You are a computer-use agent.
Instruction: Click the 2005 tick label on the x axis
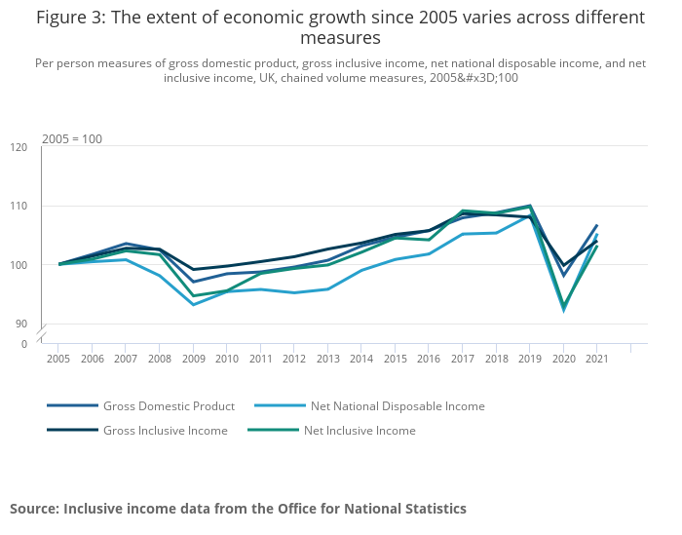(x=58, y=359)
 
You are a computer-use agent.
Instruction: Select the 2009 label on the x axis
(x=193, y=359)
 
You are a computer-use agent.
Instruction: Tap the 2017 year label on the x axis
(x=462, y=359)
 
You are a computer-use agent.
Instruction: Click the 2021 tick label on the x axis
(x=596, y=359)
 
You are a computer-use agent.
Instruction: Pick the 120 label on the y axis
(x=19, y=147)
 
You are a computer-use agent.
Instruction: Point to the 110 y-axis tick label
(x=19, y=207)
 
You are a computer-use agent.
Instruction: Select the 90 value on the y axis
(x=21, y=324)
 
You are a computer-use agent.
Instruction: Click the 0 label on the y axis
(x=24, y=344)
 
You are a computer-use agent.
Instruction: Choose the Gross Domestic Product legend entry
(x=169, y=406)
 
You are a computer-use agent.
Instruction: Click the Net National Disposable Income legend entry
(x=397, y=406)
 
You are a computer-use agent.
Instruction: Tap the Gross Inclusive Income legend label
(x=165, y=431)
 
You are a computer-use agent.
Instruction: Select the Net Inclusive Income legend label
(x=360, y=431)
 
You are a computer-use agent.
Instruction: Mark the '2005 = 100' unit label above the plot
(x=72, y=139)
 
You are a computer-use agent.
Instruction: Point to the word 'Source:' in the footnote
(x=34, y=509)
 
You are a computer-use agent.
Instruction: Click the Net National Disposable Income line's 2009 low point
(x=193, y=305)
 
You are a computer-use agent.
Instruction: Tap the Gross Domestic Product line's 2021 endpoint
(x=596, y=225)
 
